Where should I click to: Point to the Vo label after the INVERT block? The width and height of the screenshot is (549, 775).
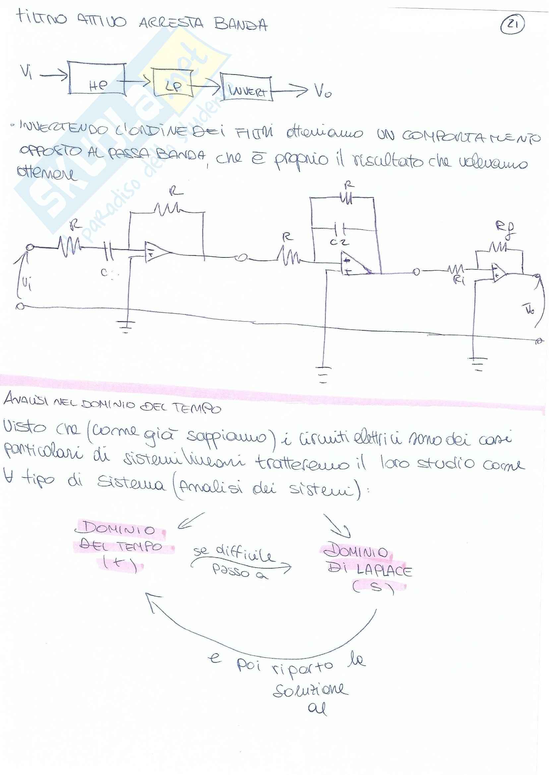click(x=323, y=90)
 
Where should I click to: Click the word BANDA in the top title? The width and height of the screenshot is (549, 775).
click(x=240, y=24)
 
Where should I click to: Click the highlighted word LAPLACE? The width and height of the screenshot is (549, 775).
click(x=384, y=571)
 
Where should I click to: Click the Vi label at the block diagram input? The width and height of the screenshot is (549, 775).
click(x=26, y=72)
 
